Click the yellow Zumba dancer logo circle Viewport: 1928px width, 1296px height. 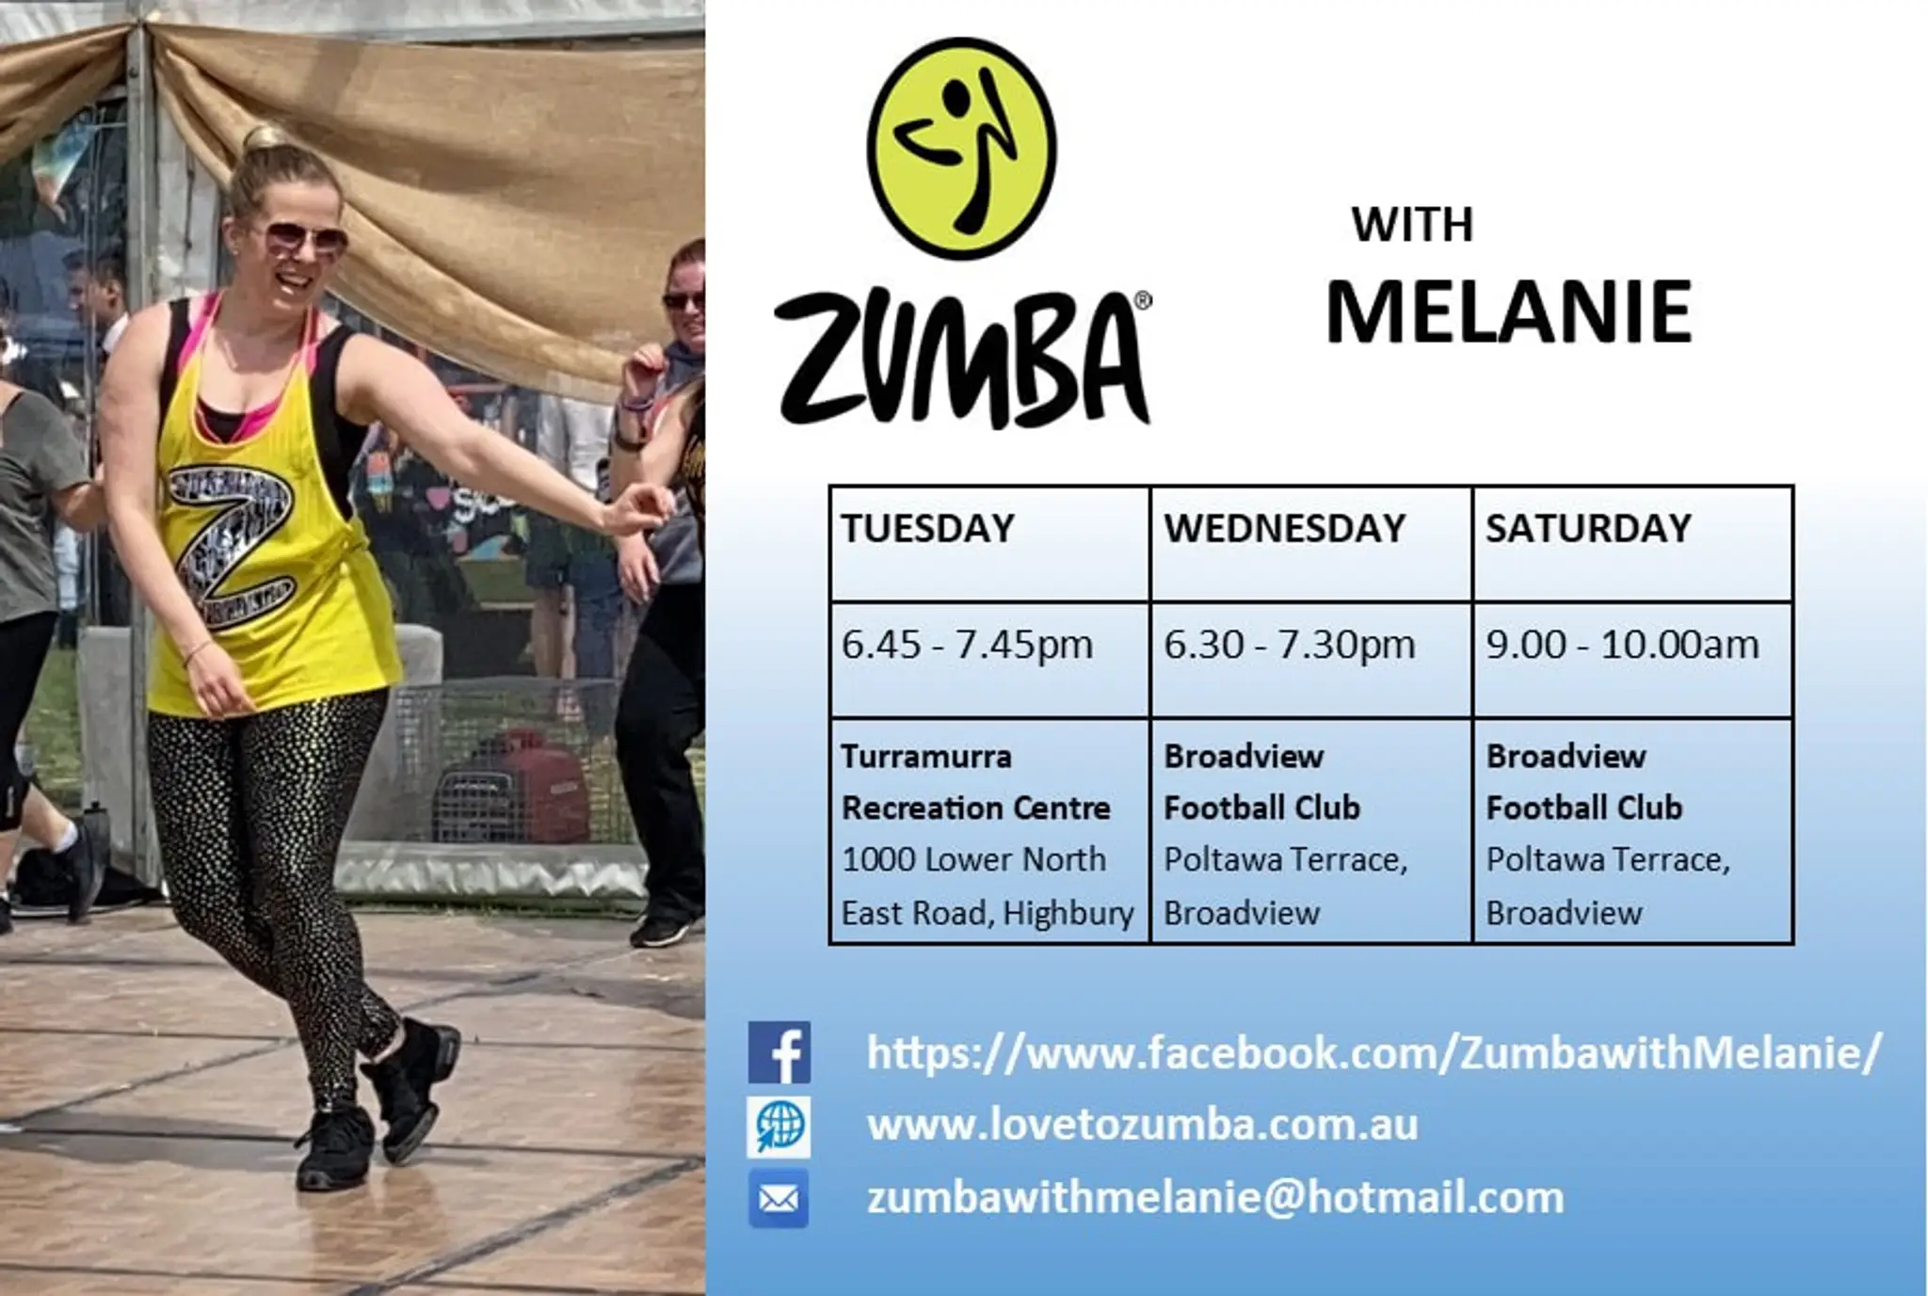961,149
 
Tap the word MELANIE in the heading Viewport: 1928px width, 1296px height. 1508,312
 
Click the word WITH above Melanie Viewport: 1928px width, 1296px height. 1412,226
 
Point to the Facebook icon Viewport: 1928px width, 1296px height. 779,1052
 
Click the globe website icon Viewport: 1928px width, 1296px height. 779,1126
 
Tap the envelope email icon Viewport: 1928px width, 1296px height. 779,1198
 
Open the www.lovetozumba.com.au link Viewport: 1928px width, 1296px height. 1142,1126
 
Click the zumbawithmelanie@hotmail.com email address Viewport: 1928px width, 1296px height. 1214,1198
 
